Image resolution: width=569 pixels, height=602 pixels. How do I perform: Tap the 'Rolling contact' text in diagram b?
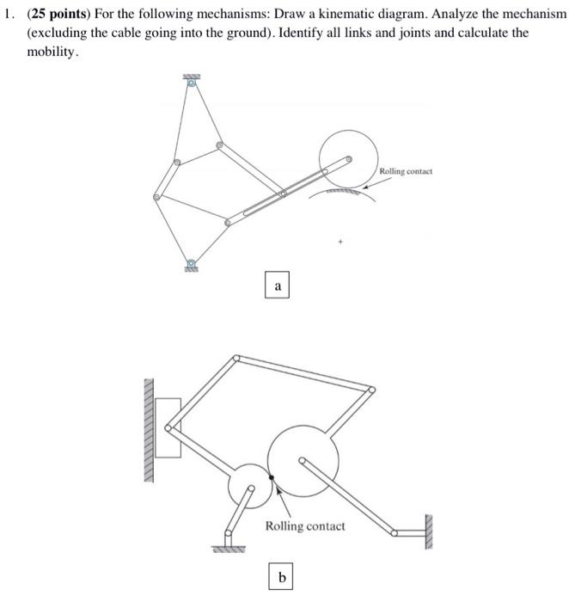click(x=304, y=525)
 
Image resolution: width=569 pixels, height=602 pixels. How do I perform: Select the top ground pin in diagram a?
click(x=191, y=83)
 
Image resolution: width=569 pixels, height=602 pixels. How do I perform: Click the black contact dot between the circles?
click(x=272, y=477)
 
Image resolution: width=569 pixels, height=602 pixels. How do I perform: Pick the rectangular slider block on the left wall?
click(x=168, y=427)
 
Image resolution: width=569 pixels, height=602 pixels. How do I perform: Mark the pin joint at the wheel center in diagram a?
click(x=348, y=159)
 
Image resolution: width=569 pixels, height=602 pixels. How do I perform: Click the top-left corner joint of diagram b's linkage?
click(x=236, y=358)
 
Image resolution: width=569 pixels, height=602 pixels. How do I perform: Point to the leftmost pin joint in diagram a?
click(x=156, y=197)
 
